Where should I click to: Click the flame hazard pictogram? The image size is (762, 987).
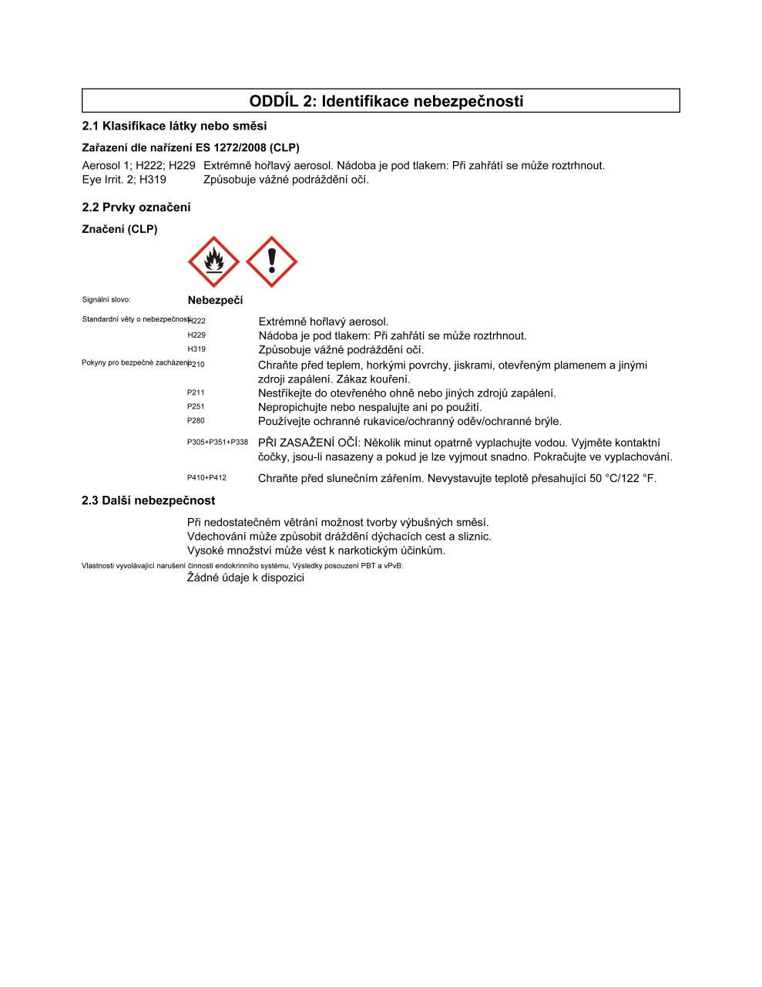[x=213, y=262]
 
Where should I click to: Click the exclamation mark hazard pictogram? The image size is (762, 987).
[x=271, y=262]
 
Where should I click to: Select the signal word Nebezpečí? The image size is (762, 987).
[x=215, y=301]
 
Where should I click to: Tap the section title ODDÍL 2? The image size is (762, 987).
[x=386, y=101]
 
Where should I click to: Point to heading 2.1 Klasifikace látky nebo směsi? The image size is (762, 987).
[x=174, y=126]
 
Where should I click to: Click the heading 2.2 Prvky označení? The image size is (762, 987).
[x=136, y=207]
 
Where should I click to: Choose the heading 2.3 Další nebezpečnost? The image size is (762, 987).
[x=149, y=500]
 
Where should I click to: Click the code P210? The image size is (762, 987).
[x=196, y=364]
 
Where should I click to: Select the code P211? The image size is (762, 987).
[x=196, y=392]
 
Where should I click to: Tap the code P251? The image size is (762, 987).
[x=196, y=406]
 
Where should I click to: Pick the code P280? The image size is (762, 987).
[x=196, y=421]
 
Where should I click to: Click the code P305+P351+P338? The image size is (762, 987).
[x=217, y=443]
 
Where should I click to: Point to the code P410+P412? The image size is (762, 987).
[x=206, y=478]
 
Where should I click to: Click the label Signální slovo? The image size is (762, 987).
[x=106, y=300]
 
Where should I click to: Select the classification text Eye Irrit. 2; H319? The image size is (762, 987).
[x=124, y=180]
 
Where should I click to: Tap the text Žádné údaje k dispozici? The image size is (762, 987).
[x=246, y=578]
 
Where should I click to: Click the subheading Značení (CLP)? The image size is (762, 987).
[x=119, y=229]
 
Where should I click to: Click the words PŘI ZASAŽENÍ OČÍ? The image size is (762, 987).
[x=307, y=443]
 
